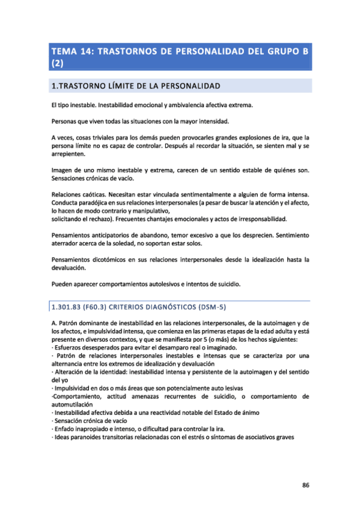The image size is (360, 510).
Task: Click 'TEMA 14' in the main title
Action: [69, 51]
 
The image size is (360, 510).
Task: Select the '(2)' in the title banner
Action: [58, 63]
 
